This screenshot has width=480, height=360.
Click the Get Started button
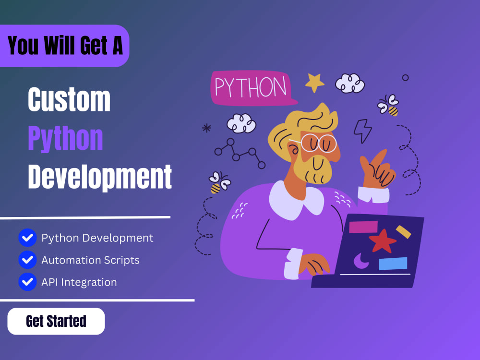point(56,321)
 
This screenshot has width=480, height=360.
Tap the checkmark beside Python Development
point(27,238)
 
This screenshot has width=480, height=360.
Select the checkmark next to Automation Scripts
point(27,260)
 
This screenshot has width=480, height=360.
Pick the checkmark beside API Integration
point(27,282)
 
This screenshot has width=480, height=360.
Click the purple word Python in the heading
point(65,138)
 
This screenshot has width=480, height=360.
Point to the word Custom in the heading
point(69,99)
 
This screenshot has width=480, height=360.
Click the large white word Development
point(100,177)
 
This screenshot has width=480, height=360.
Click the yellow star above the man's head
point(315,83)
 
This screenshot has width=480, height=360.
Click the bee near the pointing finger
point(388,105)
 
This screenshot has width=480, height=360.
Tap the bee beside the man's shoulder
point(219,182)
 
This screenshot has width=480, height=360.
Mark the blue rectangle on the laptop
point(393,264)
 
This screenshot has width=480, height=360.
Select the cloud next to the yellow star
point(350,83)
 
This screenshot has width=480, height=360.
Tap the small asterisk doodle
point(206,128)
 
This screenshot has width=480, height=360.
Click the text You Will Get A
point(65,46)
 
